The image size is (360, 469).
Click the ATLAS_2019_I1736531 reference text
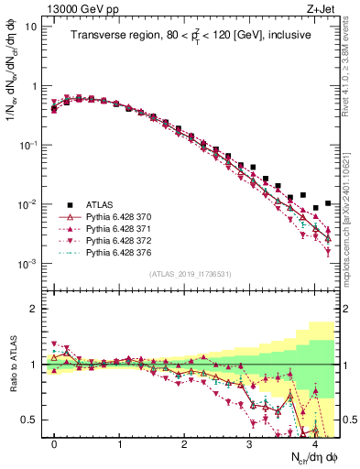pyautogui.click(x=190, y=274)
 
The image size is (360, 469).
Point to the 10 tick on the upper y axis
pyautogui.click(x=32, y=26)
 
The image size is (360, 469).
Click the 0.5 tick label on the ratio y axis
pyautogui.click(x=30, y=420)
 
